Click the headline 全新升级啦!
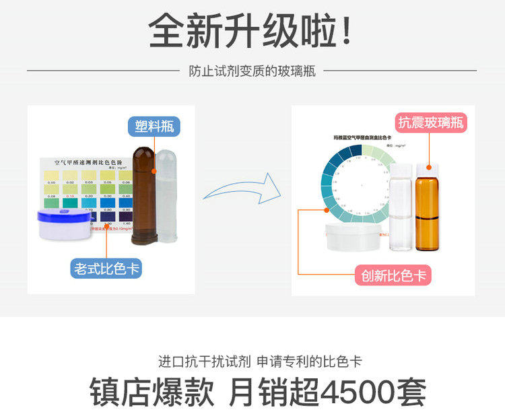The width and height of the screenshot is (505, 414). [x=250, y=31]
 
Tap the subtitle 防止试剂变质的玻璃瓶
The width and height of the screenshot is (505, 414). [x=252, y=70]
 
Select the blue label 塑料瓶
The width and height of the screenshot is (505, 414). [x=154, y=127]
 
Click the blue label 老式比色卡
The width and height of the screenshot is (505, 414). [x=108, y=269]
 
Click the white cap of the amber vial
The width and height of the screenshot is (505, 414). [x=427, y=167]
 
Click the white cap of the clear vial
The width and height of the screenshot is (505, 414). [x=401, y=169]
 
